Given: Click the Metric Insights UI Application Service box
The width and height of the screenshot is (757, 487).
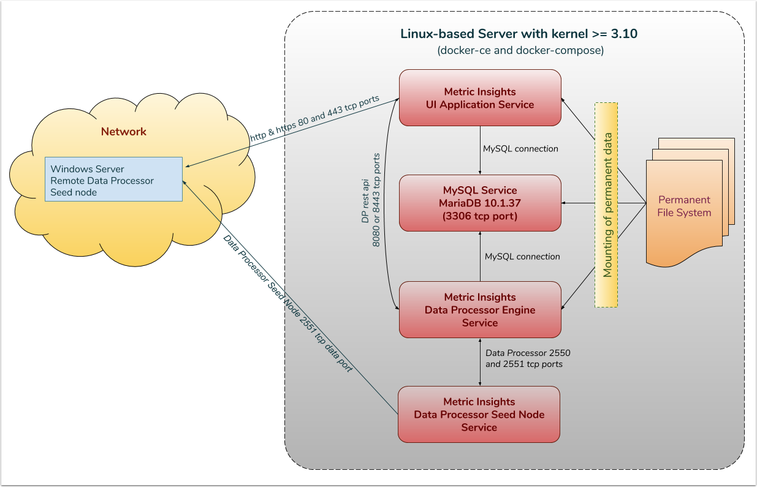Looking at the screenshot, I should (x=480, y=98).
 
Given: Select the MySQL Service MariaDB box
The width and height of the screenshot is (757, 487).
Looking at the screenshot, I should (x=480, y=203).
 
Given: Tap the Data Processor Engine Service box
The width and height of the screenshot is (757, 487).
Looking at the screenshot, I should (x=480, y=309).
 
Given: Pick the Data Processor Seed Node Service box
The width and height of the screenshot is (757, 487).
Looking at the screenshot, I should (x=479, y=414).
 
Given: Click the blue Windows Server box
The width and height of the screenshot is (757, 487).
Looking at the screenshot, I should (x=113, y=179).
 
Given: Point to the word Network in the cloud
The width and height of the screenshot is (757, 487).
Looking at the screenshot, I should (x=124, y=132).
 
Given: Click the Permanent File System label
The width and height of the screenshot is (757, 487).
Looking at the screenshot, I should (x=684, y=206).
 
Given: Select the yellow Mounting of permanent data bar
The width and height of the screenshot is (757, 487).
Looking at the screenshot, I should (x=606, y=205).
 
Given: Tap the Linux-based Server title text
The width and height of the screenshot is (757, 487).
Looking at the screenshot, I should (x=519, y=34).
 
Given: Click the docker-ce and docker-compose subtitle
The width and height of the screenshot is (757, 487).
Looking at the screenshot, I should (x=520, y=51).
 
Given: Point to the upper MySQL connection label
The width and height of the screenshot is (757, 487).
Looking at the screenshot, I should (x=520, y=149).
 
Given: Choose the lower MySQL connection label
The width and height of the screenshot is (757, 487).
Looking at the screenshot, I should (x=522, y=257).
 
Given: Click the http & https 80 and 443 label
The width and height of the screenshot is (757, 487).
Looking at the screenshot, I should (x=314, y=119).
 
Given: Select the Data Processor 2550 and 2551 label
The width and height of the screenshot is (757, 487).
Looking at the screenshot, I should (x=528, y=359).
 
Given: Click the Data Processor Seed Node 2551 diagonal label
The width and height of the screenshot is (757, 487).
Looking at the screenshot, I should (x=287, y=304).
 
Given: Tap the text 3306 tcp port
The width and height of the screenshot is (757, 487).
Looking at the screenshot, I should (x=480, y=216).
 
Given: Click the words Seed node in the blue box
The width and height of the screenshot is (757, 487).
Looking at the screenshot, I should (x=74, y=192).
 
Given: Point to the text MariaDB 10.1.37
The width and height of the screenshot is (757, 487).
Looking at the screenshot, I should (x=480, y=203).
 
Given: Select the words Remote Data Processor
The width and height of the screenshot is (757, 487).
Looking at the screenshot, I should (x=102, y=181).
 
